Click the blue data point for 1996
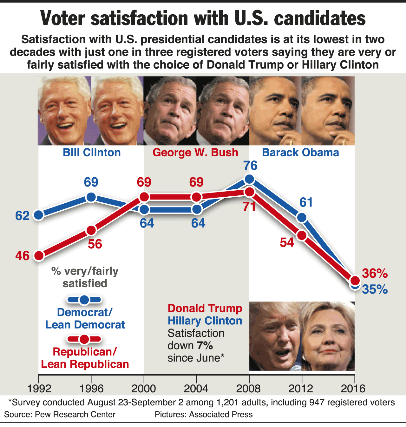(91, 197)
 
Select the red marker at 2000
(144, 197)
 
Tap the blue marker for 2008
(250, 179)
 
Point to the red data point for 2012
(302, 235)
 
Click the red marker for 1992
(39, 256)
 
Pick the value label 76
(250, 166)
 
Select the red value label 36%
(375, 273)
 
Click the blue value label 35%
(375, 289)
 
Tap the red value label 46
(22, 256)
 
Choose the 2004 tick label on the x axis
(196, 388)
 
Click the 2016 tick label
(353, 388)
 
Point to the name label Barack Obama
(300, 152)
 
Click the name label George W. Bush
(195, 152)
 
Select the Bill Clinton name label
(92, 152)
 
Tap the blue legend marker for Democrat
(84, 300)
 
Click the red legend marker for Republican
(84, 339)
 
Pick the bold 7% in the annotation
(205, 346)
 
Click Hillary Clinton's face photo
(328, 337)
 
